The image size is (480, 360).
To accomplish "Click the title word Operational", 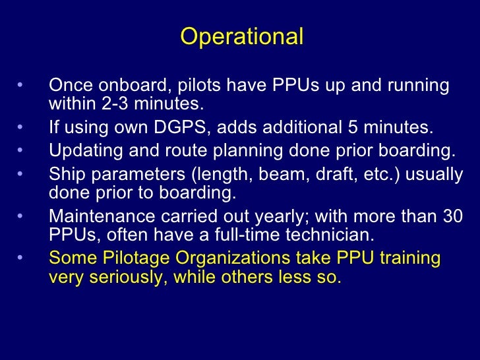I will point(241,37).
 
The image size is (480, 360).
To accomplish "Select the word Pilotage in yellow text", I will point(130,258).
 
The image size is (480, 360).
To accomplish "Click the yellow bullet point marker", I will point(20,258).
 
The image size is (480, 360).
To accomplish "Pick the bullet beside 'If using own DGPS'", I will point(20,127).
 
